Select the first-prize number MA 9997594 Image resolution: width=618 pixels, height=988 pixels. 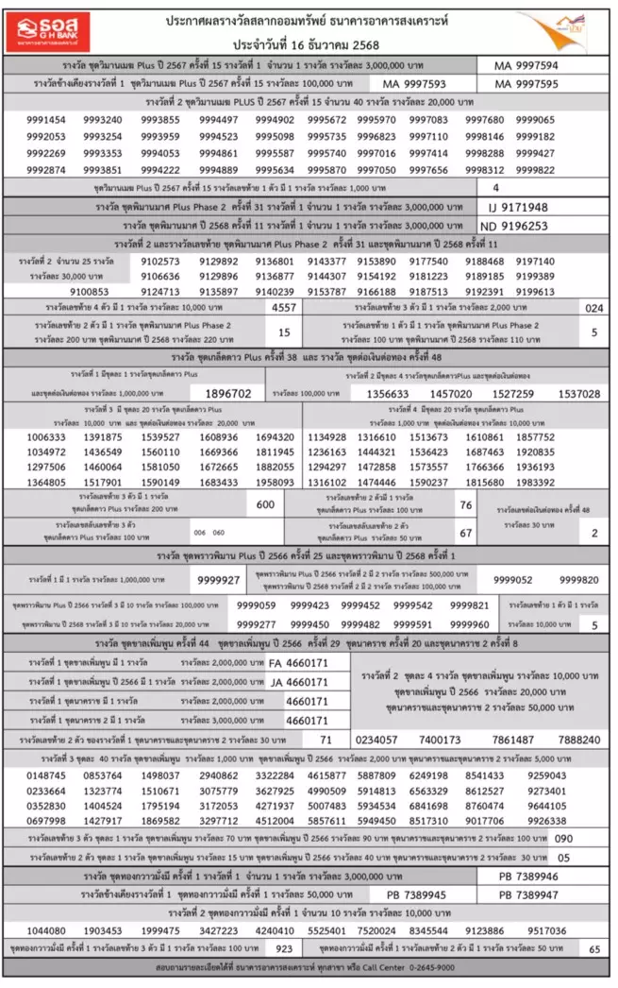[x=526, y=66]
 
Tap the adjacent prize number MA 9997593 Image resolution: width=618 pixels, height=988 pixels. [x=414, y=84]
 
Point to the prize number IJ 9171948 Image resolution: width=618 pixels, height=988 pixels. [x=518, y=207]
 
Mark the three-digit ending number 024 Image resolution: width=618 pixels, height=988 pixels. [x=593, y=308]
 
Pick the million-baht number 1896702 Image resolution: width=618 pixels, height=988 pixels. [x=227, y=393]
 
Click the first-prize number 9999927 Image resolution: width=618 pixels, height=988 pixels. [x=218, y=580]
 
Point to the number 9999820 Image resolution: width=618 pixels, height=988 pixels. [x=578, y=580]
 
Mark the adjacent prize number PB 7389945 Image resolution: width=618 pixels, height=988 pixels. [x=416, y=894]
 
